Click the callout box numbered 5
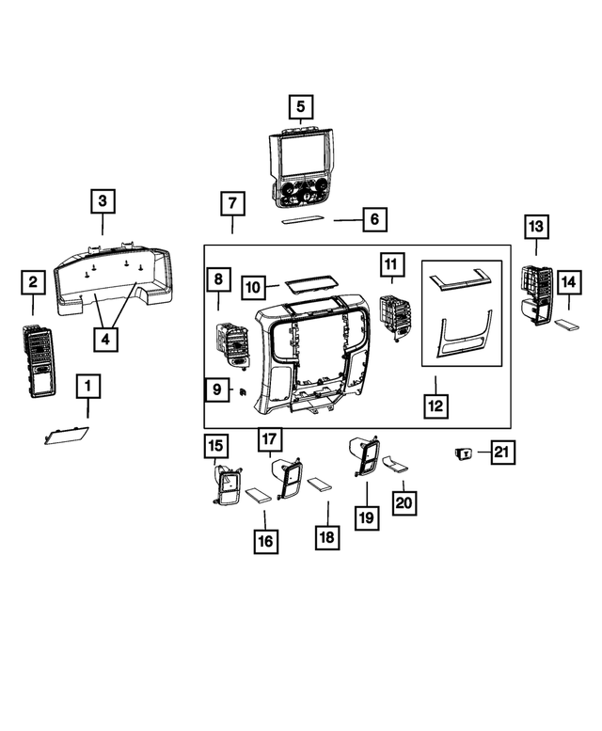pyautogui.click(x=301, y=106)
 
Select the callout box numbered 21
pyautogui.click(x=502, y=452)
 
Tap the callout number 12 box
pyautogui.click(x=436, y=405)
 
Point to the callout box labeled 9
pyautogui.click(x=217, y=389)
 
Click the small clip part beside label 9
pyautogui.click(x=243, y=392)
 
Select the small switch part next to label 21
pyautogui.click(x=464, y=453)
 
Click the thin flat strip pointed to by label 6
pyautogui.click(x=302, y=219)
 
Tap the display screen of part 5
pyautogui.click(x=305, y=156)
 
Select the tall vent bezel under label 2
pyautogui.click(x=39, y=362)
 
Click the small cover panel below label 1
pyautogui.click(x=66, y=436)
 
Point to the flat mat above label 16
pyautogui.click(x=258, y=495)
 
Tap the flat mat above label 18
pyautogui.click(x=320, y=485)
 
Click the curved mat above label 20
pyautogui.click(x=395, y=465)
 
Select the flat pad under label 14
pyautogui.click(x=567, y=325)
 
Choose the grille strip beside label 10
pyautogui.click(x=309, y=283)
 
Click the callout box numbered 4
pyautogui.click(x=105, y=339)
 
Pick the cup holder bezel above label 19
pyautogui.click(x=364, y=456)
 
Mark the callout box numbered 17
pyautogui.click(x=270, y=439)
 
